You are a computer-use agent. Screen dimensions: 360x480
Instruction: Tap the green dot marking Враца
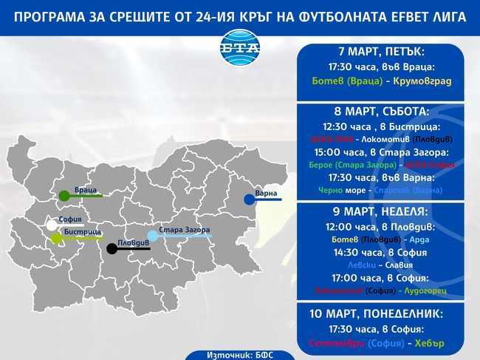(x=65, y=196)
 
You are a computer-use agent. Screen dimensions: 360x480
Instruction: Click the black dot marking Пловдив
(x=112, y=249)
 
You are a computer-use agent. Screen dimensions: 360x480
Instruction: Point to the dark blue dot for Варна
(x=250, y=200)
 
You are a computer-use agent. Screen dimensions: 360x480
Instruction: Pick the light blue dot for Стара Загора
(x=152, y=236)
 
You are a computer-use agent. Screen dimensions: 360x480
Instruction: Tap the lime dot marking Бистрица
(x=57, y=238)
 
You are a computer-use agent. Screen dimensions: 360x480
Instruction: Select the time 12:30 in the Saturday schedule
(x=338, y=126)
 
